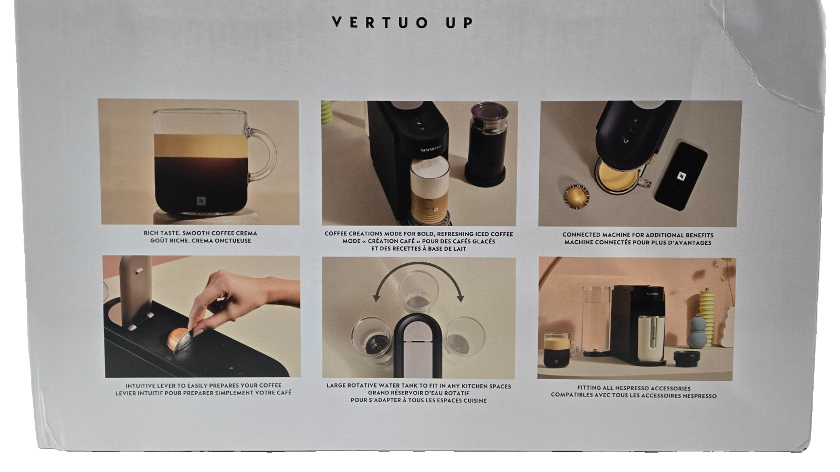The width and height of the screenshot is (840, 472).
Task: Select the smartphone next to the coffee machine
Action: tap(680, 176)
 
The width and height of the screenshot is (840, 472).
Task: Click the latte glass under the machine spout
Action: tap(429, 190)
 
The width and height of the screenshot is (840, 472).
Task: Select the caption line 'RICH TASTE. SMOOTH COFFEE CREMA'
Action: tap(200, 233)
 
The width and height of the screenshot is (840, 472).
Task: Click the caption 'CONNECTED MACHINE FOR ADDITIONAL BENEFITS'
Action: tap(638, 235)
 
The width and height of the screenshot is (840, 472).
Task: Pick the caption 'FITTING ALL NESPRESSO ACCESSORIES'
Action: tap(634, 389)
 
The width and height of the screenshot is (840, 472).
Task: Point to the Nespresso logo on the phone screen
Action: tap(681, 176)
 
